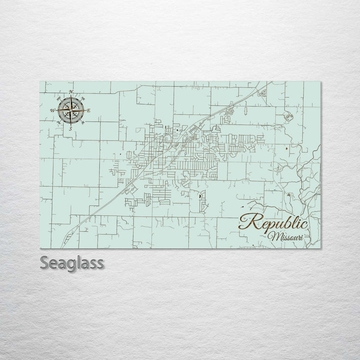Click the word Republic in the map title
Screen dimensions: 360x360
click(x=272, y=221)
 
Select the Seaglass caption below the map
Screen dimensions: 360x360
click(x=71, y=263)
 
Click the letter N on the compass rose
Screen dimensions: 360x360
click(x=71, y=91)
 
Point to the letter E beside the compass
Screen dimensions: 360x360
click(x=88, y=110)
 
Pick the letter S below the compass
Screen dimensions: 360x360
click(x=70, y=128)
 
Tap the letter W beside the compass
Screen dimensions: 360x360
click(x=53, y=110)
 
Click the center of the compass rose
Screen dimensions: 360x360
click(x=70, y=110)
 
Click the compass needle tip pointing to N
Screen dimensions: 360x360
click(x=71, y=96)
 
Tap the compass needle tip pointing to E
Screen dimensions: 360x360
click(x=85, y=110)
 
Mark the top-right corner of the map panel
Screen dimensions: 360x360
click(x=320, y=81)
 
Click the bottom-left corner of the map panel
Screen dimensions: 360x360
click(x=40, y=248)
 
